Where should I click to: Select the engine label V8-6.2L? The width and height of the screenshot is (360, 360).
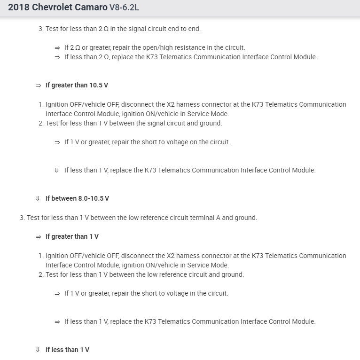click(x=126, y=8)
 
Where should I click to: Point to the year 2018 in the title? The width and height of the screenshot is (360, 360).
click(x=18, y=8)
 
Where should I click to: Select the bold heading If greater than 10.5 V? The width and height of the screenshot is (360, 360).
click(x=77, y=85)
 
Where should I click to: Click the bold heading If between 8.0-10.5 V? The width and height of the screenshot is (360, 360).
click(x=77, y=198)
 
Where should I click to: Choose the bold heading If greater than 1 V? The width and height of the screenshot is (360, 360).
click(x=72, y=236)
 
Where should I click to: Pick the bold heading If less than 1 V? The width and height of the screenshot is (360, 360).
click(x=67, y=350)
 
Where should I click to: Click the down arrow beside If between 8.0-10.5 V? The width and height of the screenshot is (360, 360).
click(x=38, y=198)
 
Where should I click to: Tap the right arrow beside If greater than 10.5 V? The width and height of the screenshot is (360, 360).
click(x=38, y=85)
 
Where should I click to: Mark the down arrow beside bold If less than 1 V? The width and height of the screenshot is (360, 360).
click(x=38, y=350)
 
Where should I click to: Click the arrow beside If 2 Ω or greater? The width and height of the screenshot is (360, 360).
click(x=57, y=47)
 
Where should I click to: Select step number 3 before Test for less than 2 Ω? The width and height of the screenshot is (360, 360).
click(x=40, y=29)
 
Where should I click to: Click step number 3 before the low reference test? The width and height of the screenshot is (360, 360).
click(x=22, y=218)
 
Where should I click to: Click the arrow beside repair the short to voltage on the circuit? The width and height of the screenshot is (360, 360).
click(x=57, y=142)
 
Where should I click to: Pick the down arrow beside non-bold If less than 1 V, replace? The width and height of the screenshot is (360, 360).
click(x=56, y=170)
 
